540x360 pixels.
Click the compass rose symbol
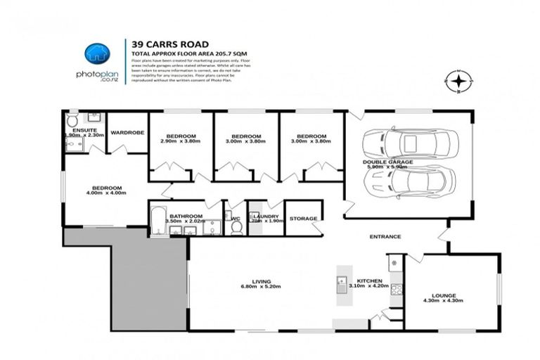pos(458,83)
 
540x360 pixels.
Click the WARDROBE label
pos(127,131)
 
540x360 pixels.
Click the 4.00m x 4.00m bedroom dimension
pos(108,193)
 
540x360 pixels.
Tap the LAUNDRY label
pos(266,216)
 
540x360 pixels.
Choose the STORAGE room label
pos(304,218)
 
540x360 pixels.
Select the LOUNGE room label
pos(444,295)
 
